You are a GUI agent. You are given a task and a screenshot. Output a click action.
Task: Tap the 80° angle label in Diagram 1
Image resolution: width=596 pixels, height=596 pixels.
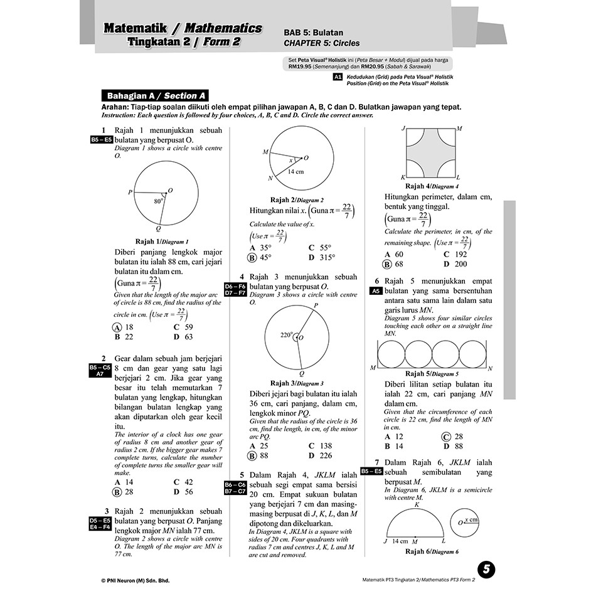coord(158,202)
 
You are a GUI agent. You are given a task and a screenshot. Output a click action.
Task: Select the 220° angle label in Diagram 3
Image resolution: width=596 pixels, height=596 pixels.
coord(286,335)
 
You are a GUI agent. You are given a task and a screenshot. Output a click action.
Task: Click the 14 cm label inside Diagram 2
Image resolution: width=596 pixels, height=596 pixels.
coord(295,172)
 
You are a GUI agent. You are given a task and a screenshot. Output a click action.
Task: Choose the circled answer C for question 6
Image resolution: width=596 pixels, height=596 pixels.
coord(447,437)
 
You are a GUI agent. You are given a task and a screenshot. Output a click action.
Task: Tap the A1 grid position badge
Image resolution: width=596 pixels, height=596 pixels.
coord(338,77)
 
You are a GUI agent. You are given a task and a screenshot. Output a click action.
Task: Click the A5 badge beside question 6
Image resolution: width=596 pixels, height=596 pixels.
coord(375,291)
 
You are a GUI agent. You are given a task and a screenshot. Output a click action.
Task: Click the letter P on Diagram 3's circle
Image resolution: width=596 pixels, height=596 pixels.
coord(315,306)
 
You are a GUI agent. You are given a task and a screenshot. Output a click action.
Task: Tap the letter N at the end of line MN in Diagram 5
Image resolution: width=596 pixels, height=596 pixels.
coord(490,368)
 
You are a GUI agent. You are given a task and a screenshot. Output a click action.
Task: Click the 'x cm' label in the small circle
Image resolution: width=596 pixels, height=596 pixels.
coord(469,521)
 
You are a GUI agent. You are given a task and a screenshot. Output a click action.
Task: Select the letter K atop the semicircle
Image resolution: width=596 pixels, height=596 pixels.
coord(417,504)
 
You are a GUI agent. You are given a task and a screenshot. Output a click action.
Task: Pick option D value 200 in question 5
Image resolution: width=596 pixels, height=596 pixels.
coord(461,264)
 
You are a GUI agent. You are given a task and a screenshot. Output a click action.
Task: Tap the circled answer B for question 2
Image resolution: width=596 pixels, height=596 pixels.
coord(117,492)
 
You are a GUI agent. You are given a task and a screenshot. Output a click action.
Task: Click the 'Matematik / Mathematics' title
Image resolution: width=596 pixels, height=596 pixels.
coord(183,28)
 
